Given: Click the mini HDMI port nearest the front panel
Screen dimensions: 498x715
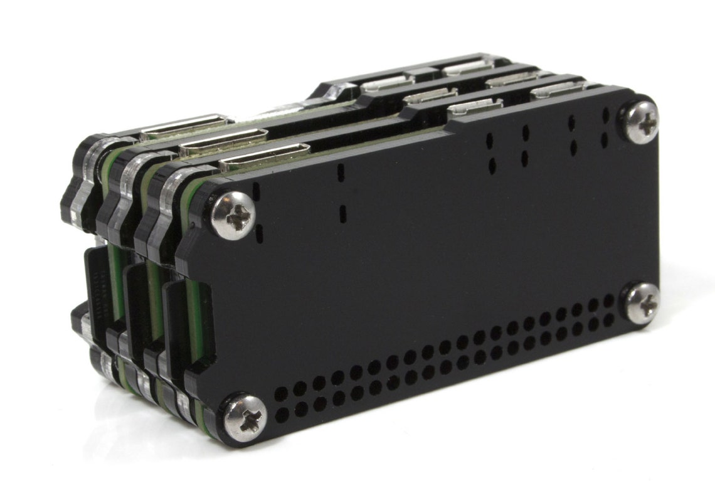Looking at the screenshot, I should click(x=263, y=157).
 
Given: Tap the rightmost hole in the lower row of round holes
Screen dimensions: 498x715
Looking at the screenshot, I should click(x=609, y=318).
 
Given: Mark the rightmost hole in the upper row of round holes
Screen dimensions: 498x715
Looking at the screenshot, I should click(x=609, y=302).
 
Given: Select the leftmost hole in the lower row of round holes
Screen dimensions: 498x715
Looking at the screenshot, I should click(x=283, y=413).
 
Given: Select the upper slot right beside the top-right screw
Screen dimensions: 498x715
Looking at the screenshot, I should click(x=605, y=116).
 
